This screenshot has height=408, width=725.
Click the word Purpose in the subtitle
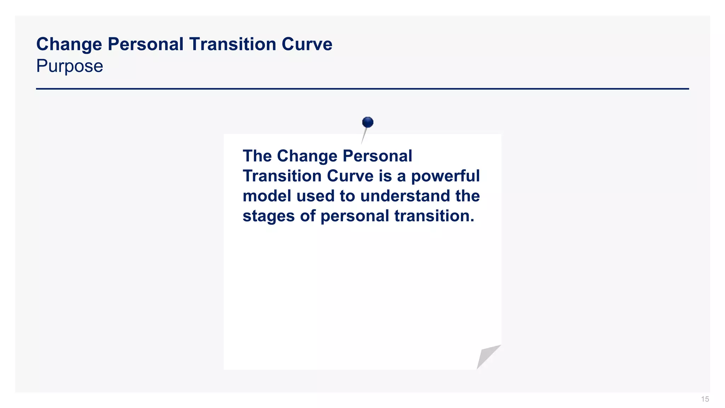pyautogui.click(x=70, y=66)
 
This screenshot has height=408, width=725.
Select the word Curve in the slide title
pyautogui.click(x=307, y=45)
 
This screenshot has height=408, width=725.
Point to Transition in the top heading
pyautogui.click(x=233, y=45)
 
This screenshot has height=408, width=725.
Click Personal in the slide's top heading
pyautogui.click(x=145, y=45)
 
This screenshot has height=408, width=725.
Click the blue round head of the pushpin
pyautogui.click(x=368, y=122)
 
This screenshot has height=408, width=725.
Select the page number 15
pyautogui.click(x=705, y=399)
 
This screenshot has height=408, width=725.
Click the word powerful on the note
pyautogui.click(x=445, y=176)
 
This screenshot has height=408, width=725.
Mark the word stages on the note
pyautogui.click(x=268, y=216)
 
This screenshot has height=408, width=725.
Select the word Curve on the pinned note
pyautogui.click(x=350, y=176)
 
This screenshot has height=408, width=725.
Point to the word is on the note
pyautogui.click(x=385, y=176)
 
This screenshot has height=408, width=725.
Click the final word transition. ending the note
pyautogui.click(x=434, y=216)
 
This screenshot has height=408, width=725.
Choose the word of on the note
pyautogui.click(x=308, y=216)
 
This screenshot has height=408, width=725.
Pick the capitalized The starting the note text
pyautogui.click(x=257, y=156)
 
